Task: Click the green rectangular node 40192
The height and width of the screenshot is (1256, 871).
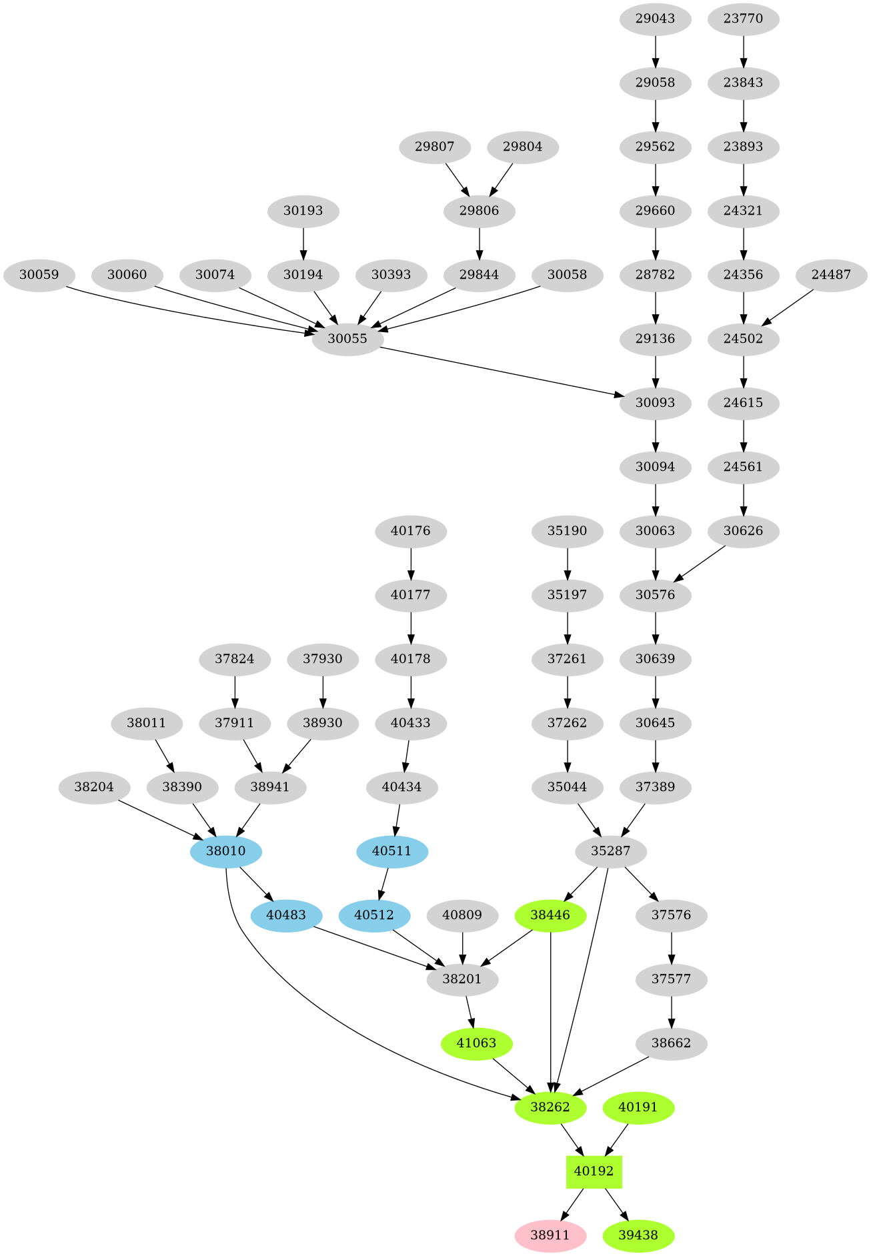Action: (594, 1171)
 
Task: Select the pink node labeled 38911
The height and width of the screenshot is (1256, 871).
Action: (550, 1235)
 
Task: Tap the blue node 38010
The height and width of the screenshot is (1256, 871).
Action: (225, 851)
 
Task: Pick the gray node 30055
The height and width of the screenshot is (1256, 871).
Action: (347, 339)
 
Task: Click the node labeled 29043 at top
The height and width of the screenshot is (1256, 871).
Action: (655, 19)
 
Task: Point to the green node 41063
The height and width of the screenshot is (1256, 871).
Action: (477, 1043)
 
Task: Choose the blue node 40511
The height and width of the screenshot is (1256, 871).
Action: (392, 851)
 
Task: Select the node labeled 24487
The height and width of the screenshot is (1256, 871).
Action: (831, 275)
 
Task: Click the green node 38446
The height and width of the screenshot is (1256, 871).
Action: (550, 915)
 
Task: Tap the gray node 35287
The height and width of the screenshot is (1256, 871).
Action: (610, 851)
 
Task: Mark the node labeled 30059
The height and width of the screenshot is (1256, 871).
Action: (39, 275)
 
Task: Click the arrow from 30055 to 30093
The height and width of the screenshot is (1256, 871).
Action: (500, 372)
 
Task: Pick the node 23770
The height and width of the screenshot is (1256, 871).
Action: (743, 19)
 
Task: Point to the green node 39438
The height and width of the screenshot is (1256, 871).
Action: (638, 1235)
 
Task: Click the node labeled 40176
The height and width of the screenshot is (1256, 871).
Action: (411, 531)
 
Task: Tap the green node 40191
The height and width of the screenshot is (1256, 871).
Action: (638, 1107)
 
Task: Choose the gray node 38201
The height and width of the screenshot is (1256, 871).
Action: (462, 979)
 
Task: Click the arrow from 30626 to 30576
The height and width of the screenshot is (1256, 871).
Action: (701, 564)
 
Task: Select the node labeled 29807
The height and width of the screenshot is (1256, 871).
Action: (434, 147)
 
